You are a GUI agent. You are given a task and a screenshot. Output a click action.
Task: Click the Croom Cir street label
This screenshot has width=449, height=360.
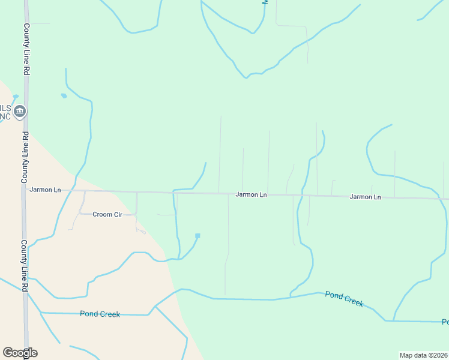[x=107, y=214]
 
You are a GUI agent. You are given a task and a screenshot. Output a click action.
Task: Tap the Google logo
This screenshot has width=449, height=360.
[x=20, y=353]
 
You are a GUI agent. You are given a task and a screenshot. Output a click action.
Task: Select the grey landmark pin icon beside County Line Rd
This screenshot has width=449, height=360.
[x=20, y=111]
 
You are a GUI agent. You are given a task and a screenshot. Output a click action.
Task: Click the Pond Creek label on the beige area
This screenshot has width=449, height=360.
[x=100, y=314]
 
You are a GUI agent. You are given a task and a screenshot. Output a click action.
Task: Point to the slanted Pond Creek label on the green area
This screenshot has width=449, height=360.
[x=344, y=298]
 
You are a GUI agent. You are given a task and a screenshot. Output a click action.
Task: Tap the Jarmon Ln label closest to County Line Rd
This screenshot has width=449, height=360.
[x=45, y=190]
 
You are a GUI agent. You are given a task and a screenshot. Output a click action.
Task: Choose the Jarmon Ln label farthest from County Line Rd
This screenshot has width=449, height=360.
[x=365, y=197]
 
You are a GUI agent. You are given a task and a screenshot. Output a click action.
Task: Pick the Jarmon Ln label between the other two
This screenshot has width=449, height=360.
[x=251, y=194]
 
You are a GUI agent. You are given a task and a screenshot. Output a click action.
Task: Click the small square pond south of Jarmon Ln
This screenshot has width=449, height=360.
[x=197, y=236]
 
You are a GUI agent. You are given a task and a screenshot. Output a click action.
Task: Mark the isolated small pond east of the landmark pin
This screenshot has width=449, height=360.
[x=64, y=95]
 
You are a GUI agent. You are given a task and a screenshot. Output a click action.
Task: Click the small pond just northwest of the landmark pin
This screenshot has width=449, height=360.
[x=16, y=96]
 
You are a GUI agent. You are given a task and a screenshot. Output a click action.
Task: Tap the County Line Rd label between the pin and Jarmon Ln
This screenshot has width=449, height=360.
[x=26, y=156]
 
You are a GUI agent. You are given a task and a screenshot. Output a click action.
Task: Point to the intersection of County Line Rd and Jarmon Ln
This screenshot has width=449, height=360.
[x=26, y=190]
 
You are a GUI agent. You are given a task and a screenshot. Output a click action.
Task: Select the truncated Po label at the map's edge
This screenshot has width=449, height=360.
[x=445, y=322]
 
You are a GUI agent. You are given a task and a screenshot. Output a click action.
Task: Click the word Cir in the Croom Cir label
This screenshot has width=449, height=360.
[x=117, y=214]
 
